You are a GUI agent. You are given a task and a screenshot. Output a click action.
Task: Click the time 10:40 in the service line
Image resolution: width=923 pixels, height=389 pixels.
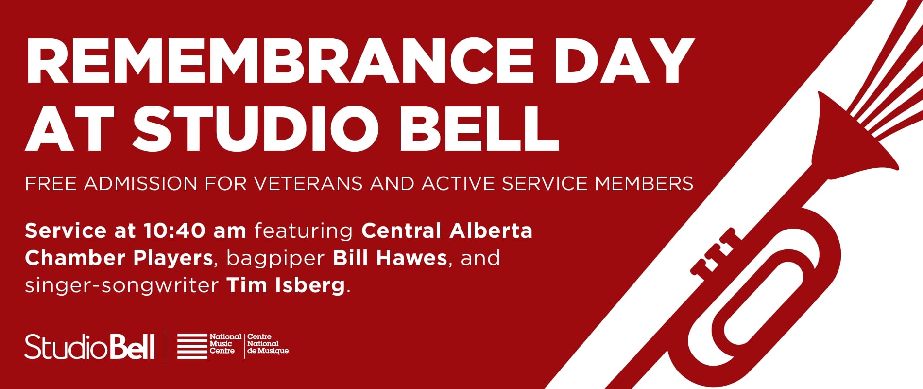pyautogui.click(x=174, y=231)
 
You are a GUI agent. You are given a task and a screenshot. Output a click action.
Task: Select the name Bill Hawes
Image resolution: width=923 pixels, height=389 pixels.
pyautogui.click(x=390, y=258)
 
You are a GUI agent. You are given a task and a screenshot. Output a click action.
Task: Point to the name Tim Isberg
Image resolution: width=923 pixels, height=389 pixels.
pyautogui.click(x=286, y=285)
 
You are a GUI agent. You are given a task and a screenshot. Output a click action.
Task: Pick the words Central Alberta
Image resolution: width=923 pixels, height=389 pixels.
pyautogui.click(x=447, y=231)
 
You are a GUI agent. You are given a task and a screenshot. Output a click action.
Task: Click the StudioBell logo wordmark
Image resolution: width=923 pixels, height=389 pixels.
pyautogui.click(x=90, y=347)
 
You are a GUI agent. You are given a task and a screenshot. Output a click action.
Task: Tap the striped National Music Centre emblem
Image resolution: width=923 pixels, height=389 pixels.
pyautogui.click(x=192, y=346)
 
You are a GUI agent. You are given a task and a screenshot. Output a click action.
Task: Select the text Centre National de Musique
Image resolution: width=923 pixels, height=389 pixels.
pyautogui.click(x=268, y=344)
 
